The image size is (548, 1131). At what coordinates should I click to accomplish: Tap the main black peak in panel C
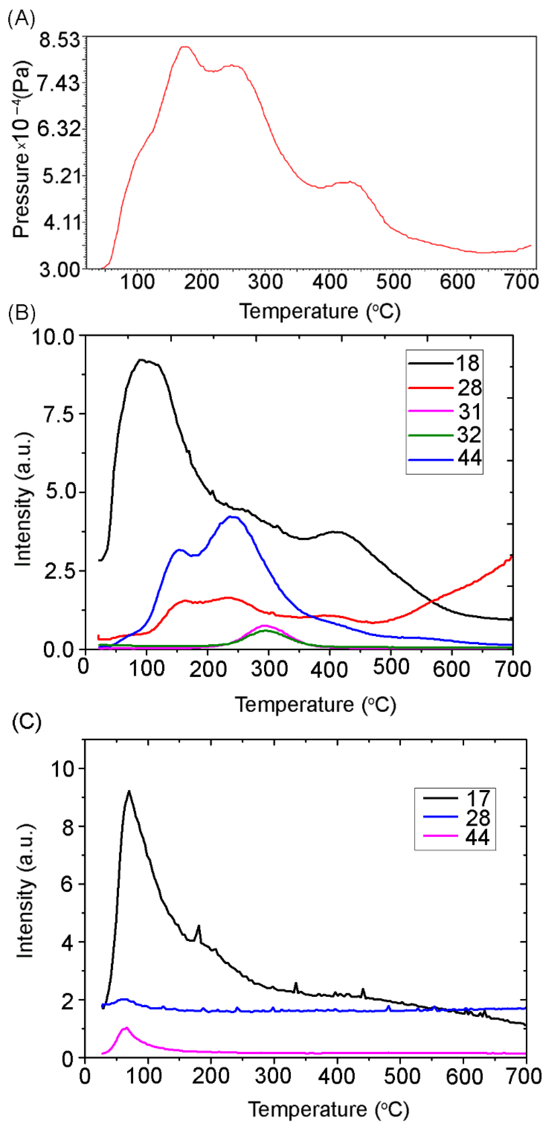(x=129, y=791)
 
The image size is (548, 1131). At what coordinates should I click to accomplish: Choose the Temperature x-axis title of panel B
(x=315, y=705)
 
